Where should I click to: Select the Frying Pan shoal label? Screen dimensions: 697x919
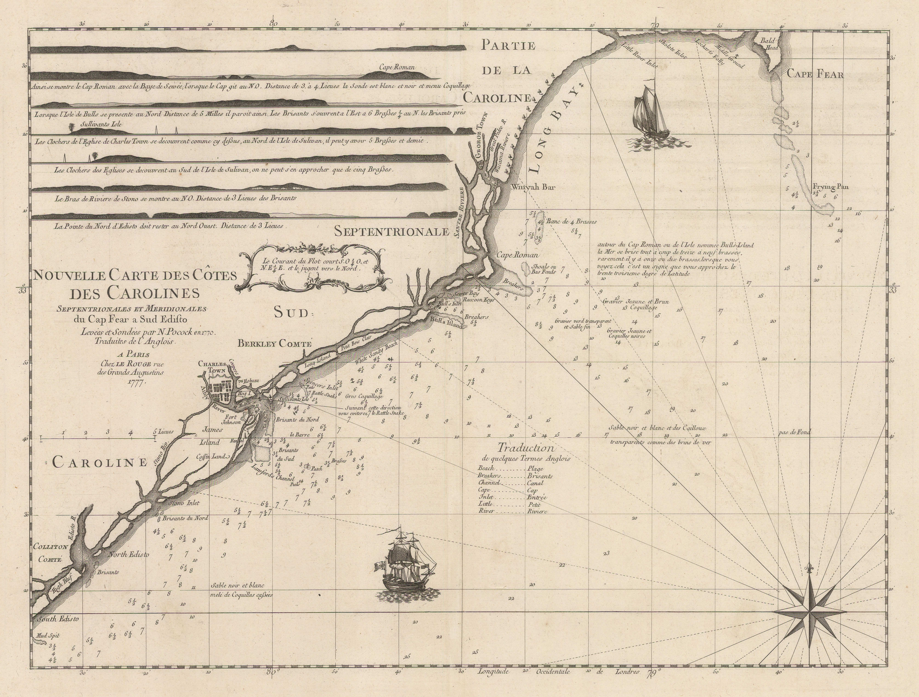[830, 186]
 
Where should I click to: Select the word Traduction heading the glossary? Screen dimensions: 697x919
[526, 448]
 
